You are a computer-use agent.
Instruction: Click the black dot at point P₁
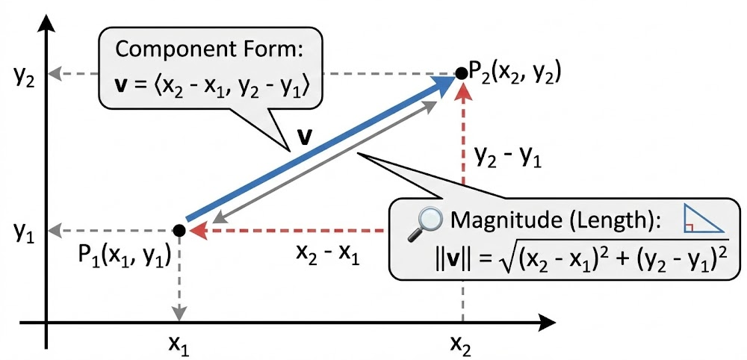click(x=179, y=231)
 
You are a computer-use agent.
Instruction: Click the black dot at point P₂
click(x=462, y=74)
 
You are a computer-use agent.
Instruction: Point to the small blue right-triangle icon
click(x=704, y=221)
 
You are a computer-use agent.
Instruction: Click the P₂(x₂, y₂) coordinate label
click(x=514, y=73)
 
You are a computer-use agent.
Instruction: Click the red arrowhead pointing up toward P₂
click(x=463, y=93)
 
